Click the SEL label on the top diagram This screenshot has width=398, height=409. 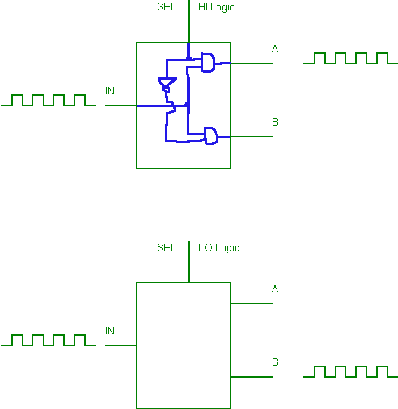tap(167, 7)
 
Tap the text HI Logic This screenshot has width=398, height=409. tap(217, 7)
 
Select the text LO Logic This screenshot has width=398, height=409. tap(219, 248)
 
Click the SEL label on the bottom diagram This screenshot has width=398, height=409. tap(167, 248)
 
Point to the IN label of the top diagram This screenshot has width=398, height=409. tap(109, 91)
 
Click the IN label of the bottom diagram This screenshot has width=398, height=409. tap(109, 331)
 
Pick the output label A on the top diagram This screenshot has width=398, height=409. tap(275, 49)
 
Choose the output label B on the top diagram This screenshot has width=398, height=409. tap(275, 122)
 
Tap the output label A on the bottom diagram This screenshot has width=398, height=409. tap(275, 289)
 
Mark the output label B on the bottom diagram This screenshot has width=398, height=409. tap(275, 362)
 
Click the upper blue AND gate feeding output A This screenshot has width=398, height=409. tap(208, 62)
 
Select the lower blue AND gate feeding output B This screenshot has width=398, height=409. tap(211, 136)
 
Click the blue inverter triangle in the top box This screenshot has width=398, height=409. tap(167, 82)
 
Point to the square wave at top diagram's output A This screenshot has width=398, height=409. tap(351, 58)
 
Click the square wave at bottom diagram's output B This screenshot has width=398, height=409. tap(351, 372)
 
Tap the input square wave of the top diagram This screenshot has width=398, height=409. tap(49, 101)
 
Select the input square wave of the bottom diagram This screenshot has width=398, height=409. tap(49, 340)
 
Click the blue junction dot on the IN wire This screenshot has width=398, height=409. tap(187, 105)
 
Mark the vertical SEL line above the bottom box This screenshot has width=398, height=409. tap(189, 262)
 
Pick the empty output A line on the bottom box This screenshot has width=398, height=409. tap(252, 304)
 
